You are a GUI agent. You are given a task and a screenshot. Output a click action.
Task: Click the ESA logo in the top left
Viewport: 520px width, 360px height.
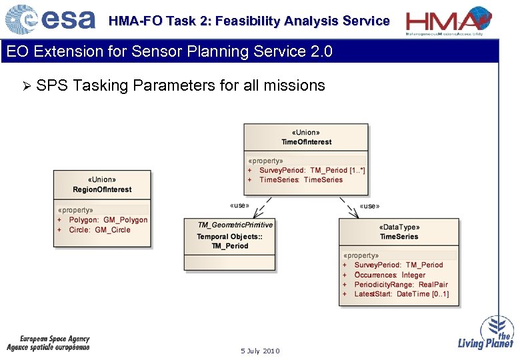(50, 20)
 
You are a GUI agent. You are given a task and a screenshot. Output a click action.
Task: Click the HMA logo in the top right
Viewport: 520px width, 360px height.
(449, 20)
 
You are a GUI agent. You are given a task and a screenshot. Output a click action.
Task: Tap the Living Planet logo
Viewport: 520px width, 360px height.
(486, 333)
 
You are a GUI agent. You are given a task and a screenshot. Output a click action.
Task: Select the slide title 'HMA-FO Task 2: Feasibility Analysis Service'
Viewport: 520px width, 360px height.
(249, 21)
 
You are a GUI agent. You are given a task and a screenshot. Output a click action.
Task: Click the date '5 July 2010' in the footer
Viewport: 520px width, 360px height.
(260, 351)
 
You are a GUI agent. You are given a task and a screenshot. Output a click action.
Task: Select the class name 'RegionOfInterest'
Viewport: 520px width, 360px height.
(102, 189)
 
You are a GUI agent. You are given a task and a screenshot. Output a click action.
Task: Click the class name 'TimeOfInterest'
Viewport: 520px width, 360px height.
(306, 142)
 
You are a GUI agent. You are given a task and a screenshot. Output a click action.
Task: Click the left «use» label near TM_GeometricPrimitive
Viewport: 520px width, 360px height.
(239, 205)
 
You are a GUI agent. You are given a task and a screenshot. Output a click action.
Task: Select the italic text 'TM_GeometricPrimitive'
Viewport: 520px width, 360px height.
(235, 225)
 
